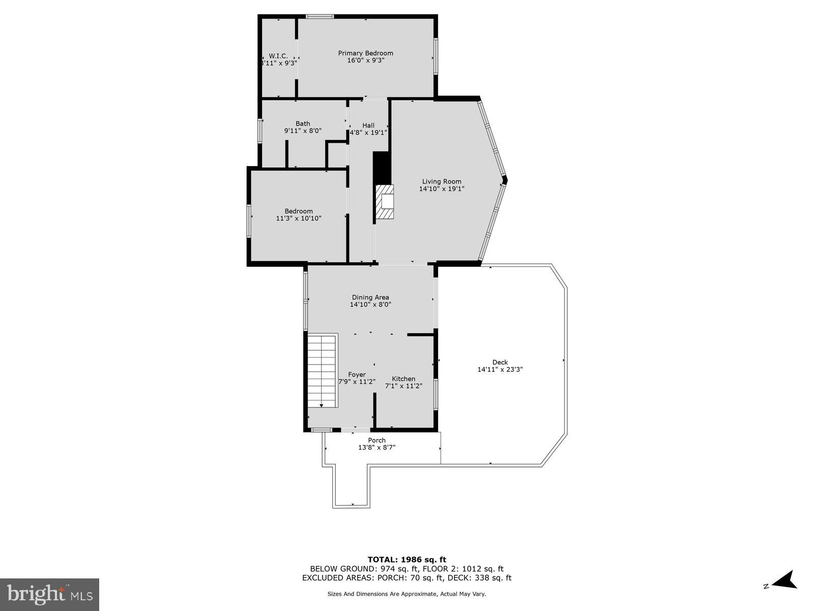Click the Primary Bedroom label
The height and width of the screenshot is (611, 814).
366,53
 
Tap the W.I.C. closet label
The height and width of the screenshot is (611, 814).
278,55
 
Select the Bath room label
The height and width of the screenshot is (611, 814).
303,123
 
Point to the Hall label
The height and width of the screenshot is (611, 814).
368,125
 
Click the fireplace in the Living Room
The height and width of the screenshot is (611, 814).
385,202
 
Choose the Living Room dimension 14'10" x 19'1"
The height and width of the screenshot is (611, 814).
442,189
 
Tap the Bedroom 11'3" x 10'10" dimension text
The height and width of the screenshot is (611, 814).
299,218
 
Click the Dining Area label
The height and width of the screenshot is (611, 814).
370,297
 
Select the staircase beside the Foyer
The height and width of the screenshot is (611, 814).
322,371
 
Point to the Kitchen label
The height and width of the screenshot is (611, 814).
403,379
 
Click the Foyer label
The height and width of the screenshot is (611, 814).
357,374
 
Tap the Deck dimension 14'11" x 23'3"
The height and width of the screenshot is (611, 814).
500,370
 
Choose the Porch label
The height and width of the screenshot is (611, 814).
377,440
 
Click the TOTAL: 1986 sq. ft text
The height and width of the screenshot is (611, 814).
407,560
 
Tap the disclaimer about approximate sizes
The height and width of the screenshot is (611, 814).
407,594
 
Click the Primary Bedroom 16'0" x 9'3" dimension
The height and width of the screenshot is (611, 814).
366,60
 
